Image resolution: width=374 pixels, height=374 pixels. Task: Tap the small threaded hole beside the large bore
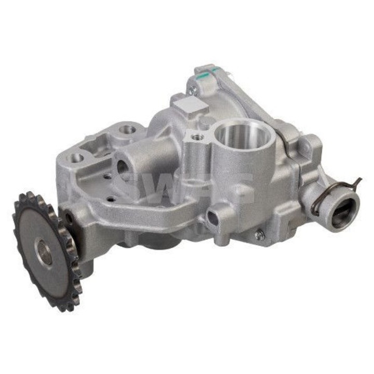197,137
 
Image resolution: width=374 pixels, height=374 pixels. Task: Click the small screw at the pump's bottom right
258,235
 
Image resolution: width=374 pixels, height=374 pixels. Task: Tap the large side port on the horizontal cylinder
123,167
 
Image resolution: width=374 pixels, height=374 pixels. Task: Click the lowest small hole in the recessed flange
111,199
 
